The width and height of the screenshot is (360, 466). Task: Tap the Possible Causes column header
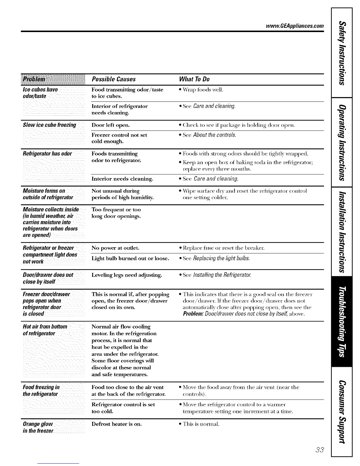pos(114,79)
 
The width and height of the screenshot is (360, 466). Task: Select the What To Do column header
pos(194,79)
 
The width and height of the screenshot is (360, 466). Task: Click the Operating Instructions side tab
pos(341,142)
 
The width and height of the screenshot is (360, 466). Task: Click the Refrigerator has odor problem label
pos(47,154)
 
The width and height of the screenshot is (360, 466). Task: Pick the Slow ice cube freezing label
pos(49,125)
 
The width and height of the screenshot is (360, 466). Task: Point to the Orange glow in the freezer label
pos(38,427)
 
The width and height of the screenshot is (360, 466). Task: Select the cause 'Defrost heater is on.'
pos(117,424)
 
